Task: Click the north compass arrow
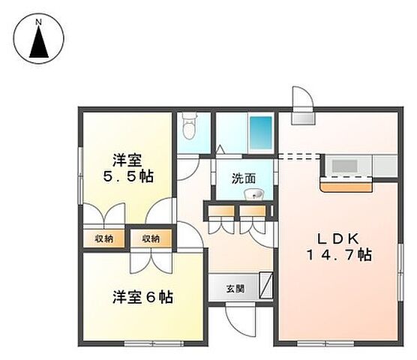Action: click(40, 45)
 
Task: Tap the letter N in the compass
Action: click(40, 23)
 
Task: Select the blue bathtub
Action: click(260, 133)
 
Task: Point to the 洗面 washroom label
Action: click(243, 178)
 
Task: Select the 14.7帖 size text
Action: click(341, 255)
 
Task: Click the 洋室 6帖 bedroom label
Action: click(142, 297)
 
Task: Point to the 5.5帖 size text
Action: click(127, 177)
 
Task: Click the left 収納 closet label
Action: click(103, 238)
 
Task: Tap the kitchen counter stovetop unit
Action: click(347, 165)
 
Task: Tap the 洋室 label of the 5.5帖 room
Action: click(127, 160)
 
